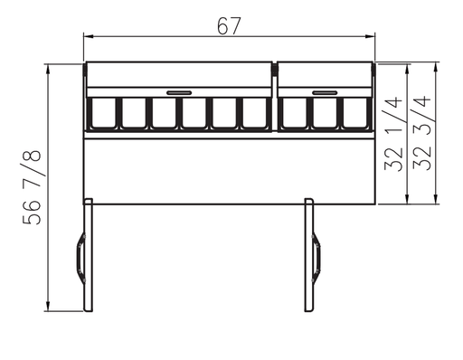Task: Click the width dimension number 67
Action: [229, 26]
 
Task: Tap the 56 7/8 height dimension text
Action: [32, 187]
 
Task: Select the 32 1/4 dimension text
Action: [393, 134]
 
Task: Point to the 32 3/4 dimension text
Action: [422, 133]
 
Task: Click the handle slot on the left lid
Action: [179, 92]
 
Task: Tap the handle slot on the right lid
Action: [325, 92]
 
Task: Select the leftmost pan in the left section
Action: [104, 113]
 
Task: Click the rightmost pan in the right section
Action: [355, 113]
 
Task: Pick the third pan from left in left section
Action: [164, 113]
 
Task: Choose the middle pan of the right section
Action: [325, 113]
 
